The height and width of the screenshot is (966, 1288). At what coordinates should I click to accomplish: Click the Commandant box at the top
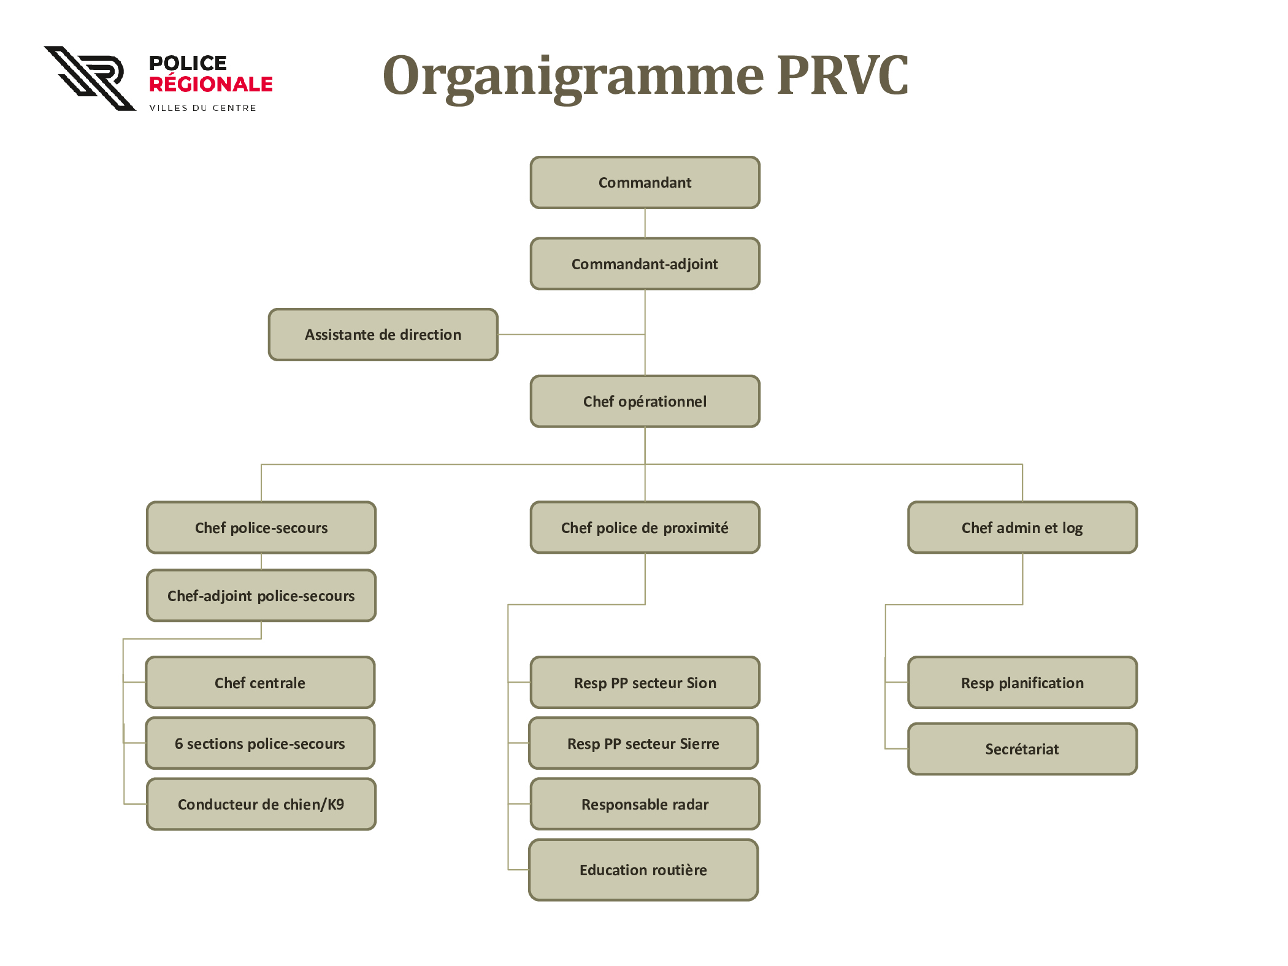pyautogui.click(x=645, y=183)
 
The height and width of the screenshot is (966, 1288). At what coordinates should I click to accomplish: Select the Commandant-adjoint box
pyautogui.click(x=645, y=264)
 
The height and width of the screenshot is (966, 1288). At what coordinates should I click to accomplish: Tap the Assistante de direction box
pyautogui.click(x=383, y=334)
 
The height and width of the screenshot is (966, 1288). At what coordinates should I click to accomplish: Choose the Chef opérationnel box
pyautogui.click(x=645, y=401)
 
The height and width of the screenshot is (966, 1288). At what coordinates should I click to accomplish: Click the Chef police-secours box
pyautogui.click(x=261, y=527)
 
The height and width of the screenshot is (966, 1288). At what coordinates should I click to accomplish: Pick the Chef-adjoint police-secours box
pyautogui.click(x=261, y=596)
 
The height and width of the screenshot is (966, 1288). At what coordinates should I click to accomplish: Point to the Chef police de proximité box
pyautogui.click(x=645, y=527)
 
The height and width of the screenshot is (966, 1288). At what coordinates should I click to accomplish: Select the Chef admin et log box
pyautogui.click(x=1022, y=527)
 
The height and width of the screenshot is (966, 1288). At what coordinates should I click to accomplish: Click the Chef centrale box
pyautogui.click(x=260, y=683)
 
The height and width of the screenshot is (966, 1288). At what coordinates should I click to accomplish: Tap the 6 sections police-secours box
pyautogui.click(x=260, y=743)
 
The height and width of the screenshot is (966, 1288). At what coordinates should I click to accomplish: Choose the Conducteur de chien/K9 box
pyautogui.click(x=261, y=804)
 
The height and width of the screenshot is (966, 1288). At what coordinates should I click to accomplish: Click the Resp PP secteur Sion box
pyautogui.click(x=645, y=683)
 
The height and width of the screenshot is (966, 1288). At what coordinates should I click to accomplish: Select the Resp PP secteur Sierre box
pyautogui.click(x=643, y=743)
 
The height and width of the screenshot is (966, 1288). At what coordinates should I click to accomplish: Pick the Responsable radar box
pyautogui.click(x=645, y=804)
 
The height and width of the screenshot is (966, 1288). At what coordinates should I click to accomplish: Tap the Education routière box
pyautogui.click(x=643, y=870)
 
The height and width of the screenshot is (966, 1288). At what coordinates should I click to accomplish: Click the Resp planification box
pyautogui.click(x=1022, y=683)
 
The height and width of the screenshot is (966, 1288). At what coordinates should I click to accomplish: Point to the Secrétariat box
pyautogui.click(x=1022, y=749)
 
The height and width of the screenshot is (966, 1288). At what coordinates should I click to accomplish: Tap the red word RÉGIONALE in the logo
pyautogui.click(x=211, y=83)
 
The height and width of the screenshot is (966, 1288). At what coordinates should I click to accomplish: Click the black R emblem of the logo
pyautogui.click(x=90, y=79)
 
